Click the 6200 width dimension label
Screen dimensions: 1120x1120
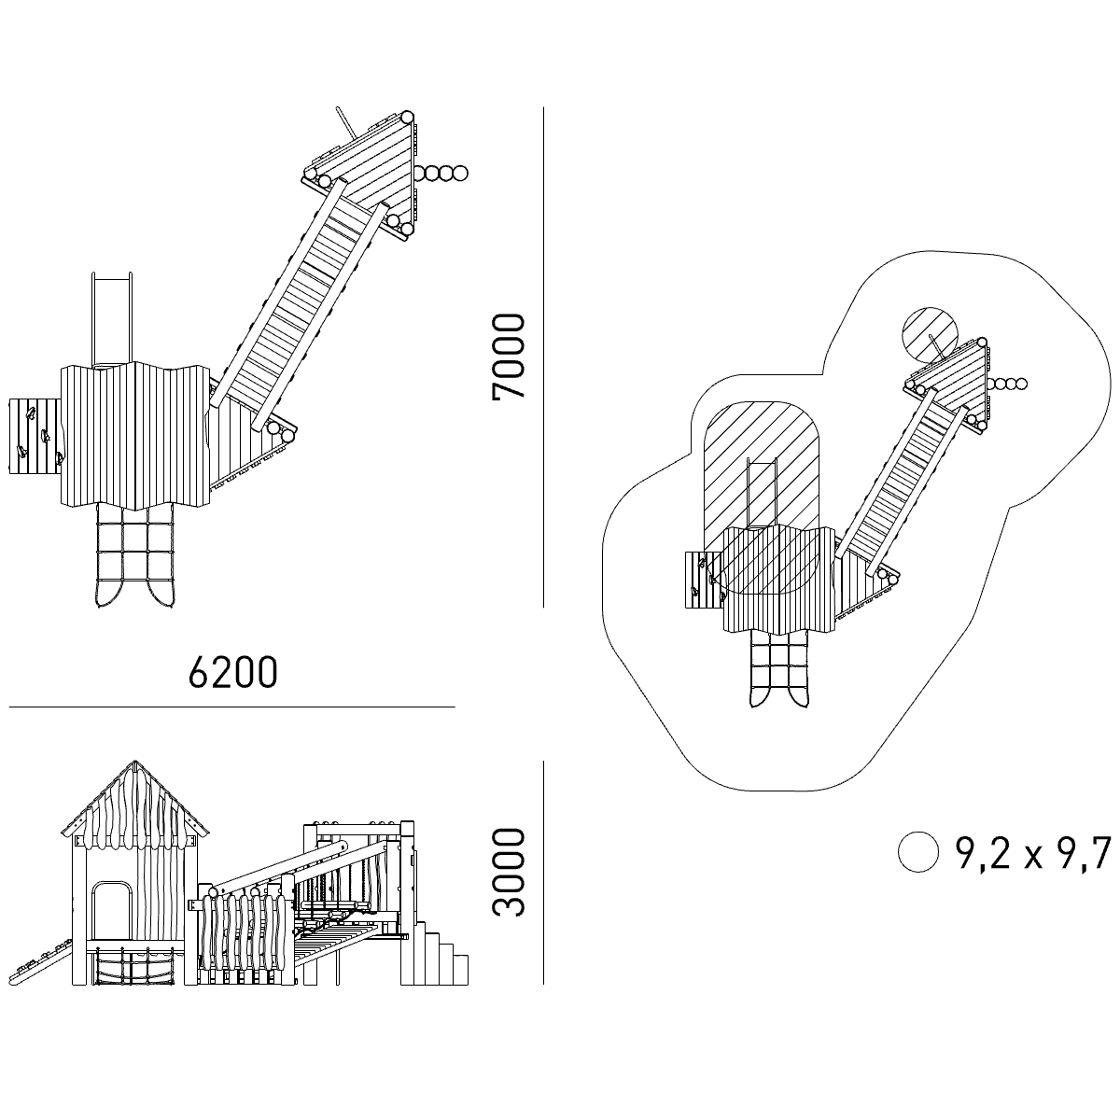(233, 673)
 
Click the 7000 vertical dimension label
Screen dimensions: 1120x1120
(508, 357)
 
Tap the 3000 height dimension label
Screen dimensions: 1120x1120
(508, 873)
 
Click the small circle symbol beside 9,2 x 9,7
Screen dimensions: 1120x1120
(917, 851)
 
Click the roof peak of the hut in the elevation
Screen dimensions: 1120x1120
(134, 762)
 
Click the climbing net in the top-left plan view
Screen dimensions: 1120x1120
(134, 555)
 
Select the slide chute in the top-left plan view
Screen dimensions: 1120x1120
(112, 319)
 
